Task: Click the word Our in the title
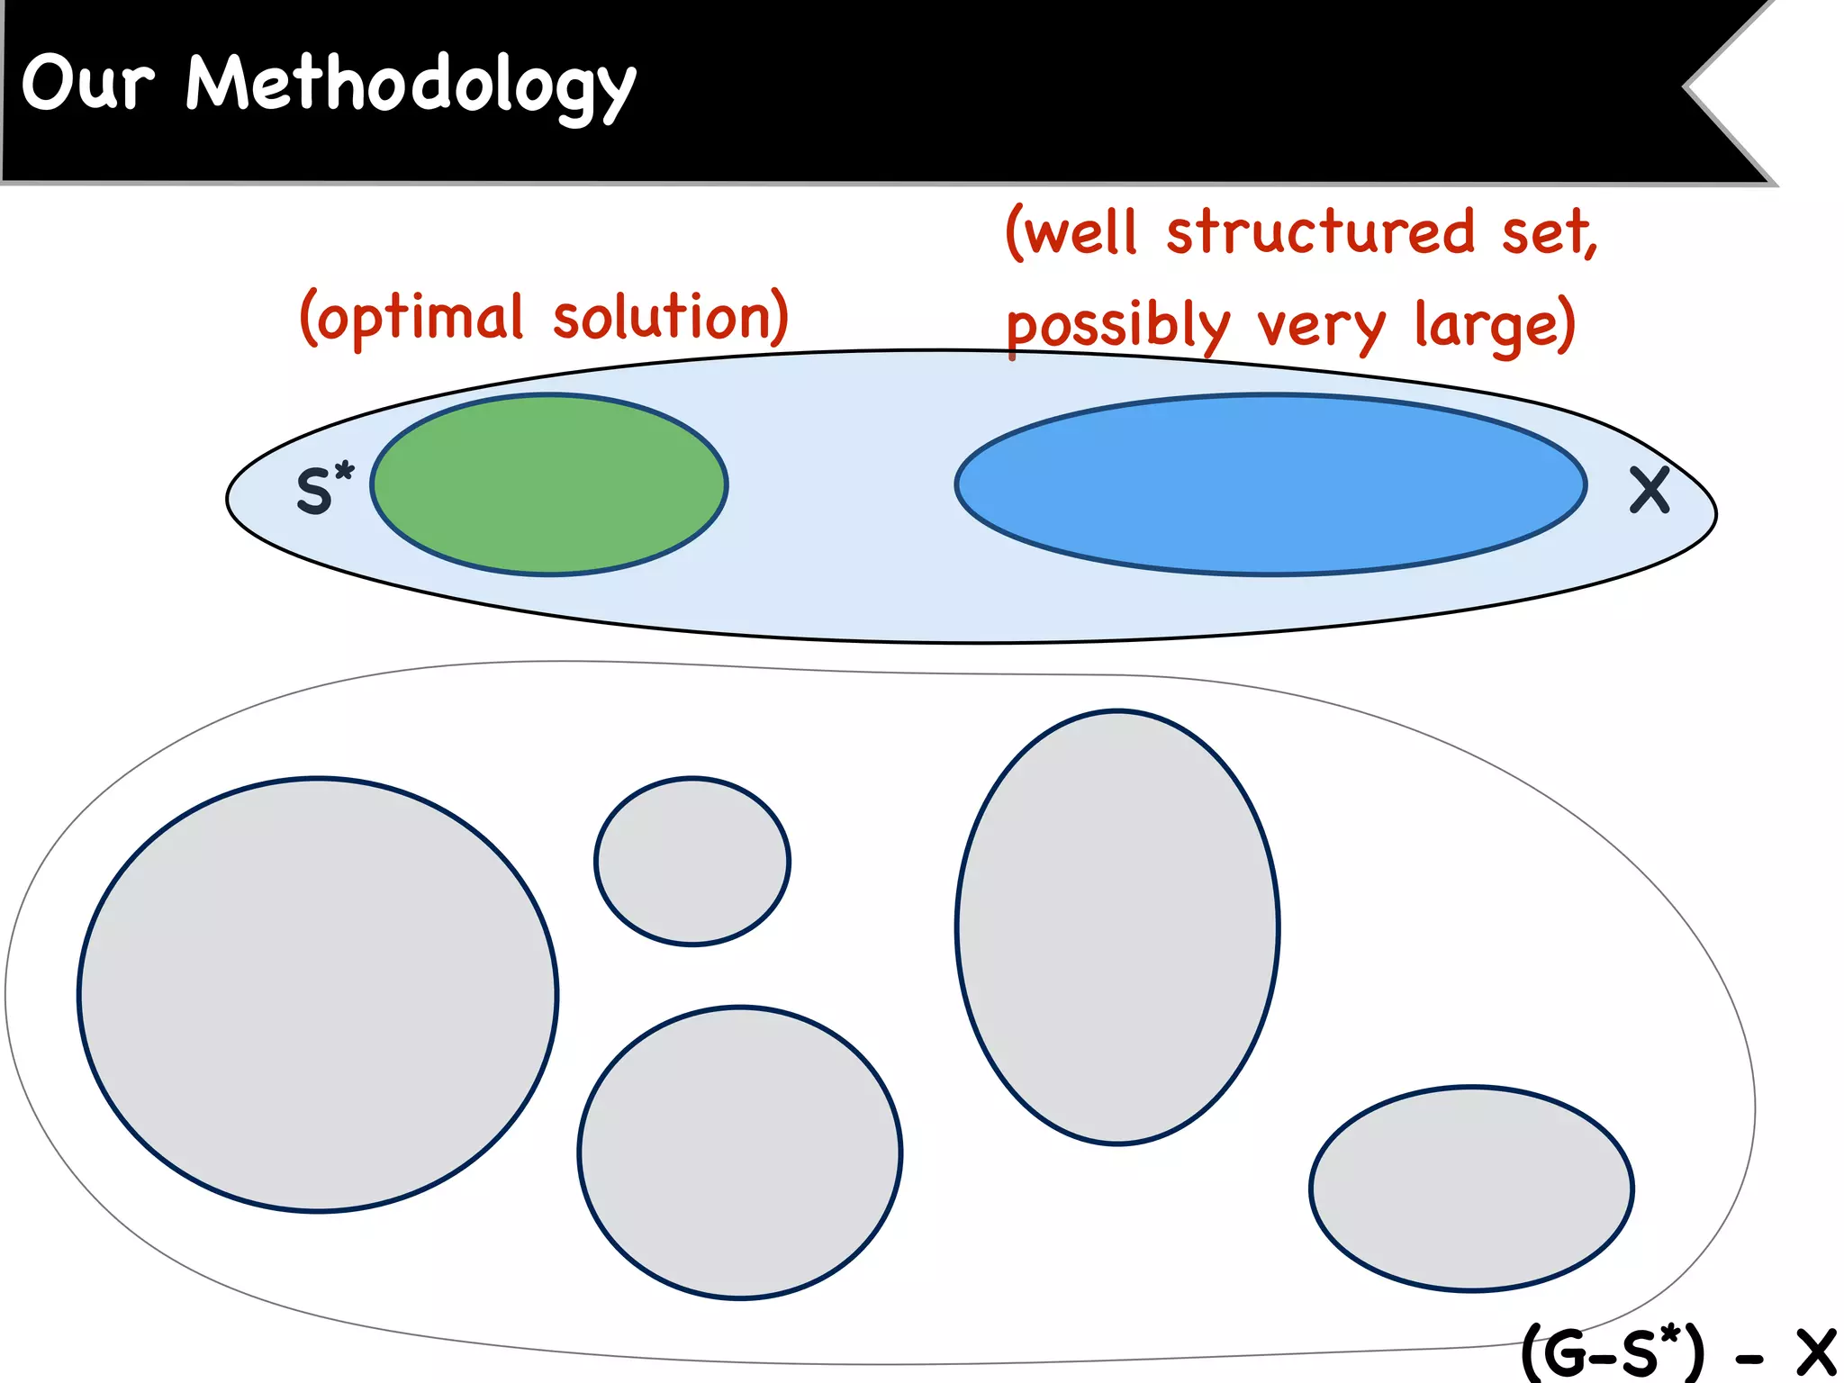coord(87,83)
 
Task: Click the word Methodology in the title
coord(410,86)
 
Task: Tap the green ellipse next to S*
coord(549,484)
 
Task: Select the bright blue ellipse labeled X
coord(1270,484)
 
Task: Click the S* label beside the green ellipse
coord(324,490)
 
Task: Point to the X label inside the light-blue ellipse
coord(1650,491)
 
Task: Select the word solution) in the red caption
coord(670,317)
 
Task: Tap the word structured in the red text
coord(1320,232)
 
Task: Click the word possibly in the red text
coord(1116,326)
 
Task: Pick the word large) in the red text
coord(1494,326)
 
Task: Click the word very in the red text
coord(1321,326)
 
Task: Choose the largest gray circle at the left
coord(318,994)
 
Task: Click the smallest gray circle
coord(691,861)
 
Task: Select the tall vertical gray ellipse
coord(1117,927)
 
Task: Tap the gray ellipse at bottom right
coord(1471,1189)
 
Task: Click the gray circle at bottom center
coord(739,1152)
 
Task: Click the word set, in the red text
coord(1549,232)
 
